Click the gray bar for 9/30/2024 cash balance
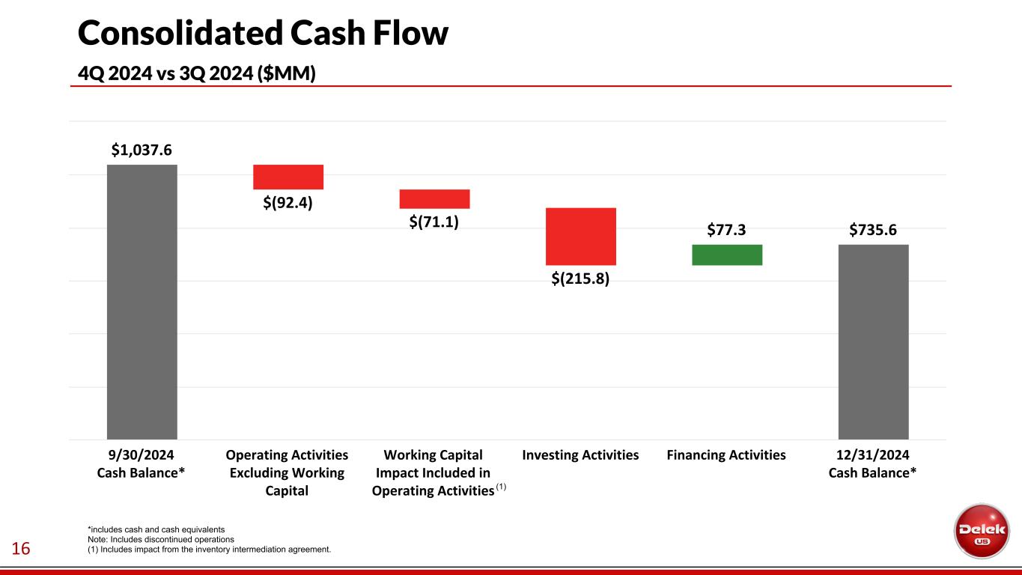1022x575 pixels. (142, 302)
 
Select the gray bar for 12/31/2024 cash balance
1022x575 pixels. (873, 341)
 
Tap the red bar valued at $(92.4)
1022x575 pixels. (288, 177)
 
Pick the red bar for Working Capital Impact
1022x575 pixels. (434, 198)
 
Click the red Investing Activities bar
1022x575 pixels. (581, 236)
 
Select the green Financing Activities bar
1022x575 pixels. (727, 255)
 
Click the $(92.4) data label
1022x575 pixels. (288, 202)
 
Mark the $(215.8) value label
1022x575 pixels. (581, 279)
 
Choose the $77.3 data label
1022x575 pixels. (726, 231)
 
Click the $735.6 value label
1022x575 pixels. (873, 231)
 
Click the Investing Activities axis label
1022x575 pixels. (580, 455)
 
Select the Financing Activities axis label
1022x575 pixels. (726, 455)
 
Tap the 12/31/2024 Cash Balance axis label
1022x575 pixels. (873, 464)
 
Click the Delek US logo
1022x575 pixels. (981, 530)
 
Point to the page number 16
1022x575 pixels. (20, 550)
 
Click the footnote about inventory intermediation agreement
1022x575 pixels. (210, 550)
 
